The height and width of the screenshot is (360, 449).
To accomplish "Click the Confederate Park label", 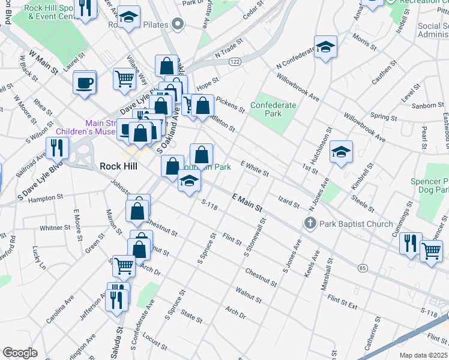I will pyautogui.click(x=273, y=109).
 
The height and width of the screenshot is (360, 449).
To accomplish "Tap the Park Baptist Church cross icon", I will pyautogui.click(x=310, y=224).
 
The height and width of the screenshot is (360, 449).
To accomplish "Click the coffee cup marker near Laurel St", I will pyautogui.click(x=85, y=82).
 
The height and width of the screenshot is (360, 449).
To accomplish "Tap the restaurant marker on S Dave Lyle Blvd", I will pyautogui.click(x=58, y=147).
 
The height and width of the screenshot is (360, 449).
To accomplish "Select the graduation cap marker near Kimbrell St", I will pyautogui.click(x=341, y=151).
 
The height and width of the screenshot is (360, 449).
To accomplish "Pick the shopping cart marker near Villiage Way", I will pyautogui.click(x=124, y=79).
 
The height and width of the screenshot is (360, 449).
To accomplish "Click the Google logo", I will pyautogui.click(x=20, y=353).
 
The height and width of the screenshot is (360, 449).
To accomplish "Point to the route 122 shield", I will pyautogui.click(x=235, y=62).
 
